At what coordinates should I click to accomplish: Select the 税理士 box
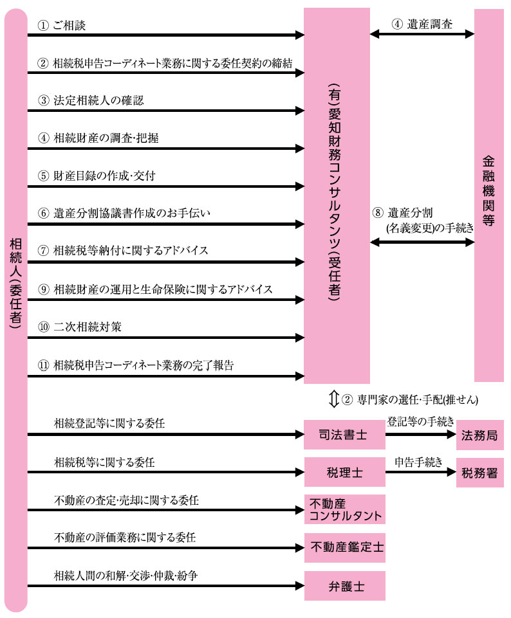pyautogui.click(x=344, y=473)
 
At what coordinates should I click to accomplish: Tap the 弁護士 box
pyautogui.click(x=344, y=586)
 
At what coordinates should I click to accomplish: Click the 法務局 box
pyautogui.click(x=480, y=435)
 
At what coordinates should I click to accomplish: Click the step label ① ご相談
pyautogui.click(x=62, y=25)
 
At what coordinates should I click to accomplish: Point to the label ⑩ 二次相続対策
pyautogui.click(x=80, y=327)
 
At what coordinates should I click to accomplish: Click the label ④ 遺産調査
pyautogui.click(x=422, y=24)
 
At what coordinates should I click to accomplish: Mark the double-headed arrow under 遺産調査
pyautogui.click(x=422, y=34)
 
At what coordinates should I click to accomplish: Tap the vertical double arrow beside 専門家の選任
pyautogui.click(x=333, y=399)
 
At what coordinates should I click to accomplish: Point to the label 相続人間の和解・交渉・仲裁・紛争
pyautogui.click(x=125, y=575)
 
